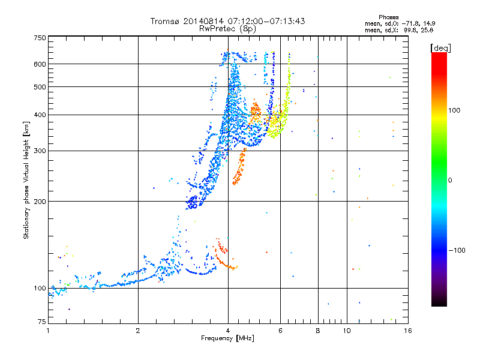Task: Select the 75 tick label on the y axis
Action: click(41, 323)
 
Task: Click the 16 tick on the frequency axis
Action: click(407, 331)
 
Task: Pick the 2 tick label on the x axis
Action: click(138, 331)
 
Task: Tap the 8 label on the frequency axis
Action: click(318, 331)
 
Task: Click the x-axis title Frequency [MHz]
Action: click(228, 339)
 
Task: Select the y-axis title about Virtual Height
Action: click(26, 179)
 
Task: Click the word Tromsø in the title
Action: click(166, 21)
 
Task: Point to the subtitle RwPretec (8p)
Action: click(227, 28)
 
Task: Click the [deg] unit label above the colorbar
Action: click(441, 47)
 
